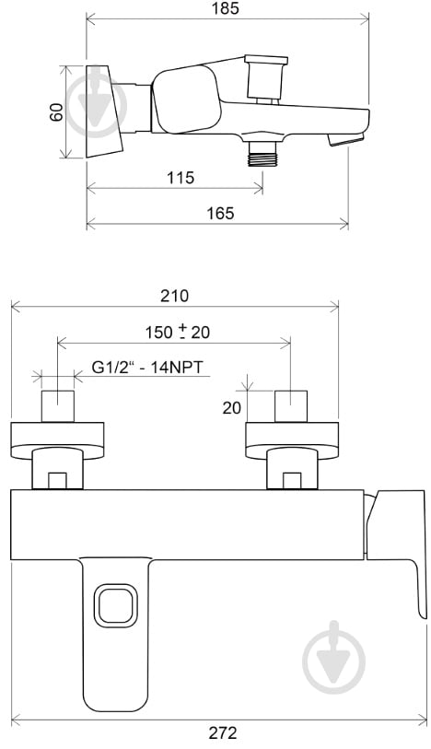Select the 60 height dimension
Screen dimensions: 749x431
point(57,111)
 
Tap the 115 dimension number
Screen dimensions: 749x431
point(181,178)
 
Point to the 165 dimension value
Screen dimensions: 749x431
point(219,213)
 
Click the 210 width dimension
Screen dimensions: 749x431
point(174,296)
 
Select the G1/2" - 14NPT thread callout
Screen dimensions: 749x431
point(147,368)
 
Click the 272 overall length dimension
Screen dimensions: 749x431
point(222,733)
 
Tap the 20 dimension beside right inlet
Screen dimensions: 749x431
point(231,406)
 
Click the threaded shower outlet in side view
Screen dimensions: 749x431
point(263,154)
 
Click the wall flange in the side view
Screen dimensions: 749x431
point(105,111)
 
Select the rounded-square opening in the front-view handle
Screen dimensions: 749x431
point(116,607)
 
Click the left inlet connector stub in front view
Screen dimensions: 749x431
point(57,405)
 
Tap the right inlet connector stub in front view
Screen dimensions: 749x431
point(291,405)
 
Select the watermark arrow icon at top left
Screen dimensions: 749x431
point(96,101)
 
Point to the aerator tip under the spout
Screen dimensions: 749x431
point(346,139)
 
